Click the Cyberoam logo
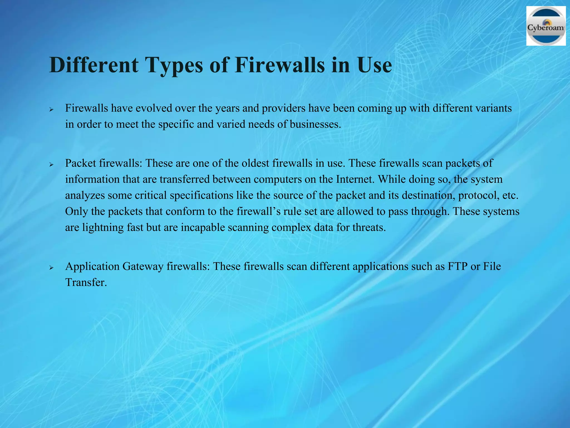click(x=546, y=26)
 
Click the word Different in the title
click(x=94, y=65)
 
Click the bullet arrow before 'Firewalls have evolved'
click(x=51, y=110)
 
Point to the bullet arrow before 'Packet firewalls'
click(x=51, y=164)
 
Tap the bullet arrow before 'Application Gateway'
click(x=51, y=267)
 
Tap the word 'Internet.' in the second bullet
click(x=355, y=179)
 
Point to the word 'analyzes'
click(x=85, y=196)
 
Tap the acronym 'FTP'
click(x=458, y=267)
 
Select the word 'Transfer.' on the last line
click(x=86, y=283)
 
